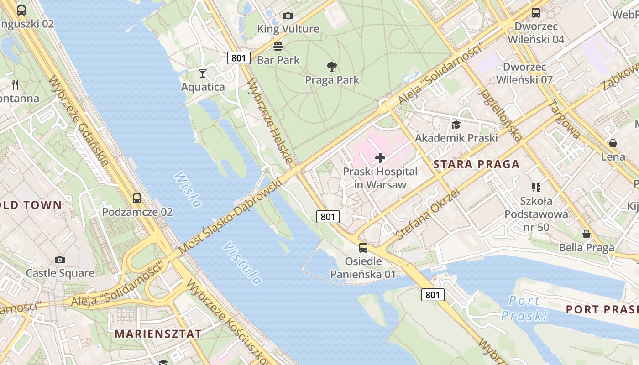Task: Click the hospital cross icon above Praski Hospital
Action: [380, 158]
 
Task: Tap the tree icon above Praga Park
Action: [332, 67]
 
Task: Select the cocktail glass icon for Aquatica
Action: [203, 73]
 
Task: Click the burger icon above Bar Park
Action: [278, 46]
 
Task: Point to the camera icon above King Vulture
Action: [288, 16]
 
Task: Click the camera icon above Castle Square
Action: [59, 260]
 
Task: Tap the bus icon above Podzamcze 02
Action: [137, 198]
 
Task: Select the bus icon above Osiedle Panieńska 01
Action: [363, 248]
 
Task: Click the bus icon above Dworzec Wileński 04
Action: [536, 13]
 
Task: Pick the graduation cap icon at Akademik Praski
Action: [456, 125]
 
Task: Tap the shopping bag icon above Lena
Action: [613, 143]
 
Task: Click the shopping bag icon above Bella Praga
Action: [587, 234]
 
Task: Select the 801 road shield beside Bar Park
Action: [239, 57]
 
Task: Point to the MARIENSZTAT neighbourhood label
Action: [158, 334]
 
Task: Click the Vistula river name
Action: [243, 263]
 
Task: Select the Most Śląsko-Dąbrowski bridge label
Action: [230, 217]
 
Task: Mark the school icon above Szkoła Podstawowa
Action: [536, 187]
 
